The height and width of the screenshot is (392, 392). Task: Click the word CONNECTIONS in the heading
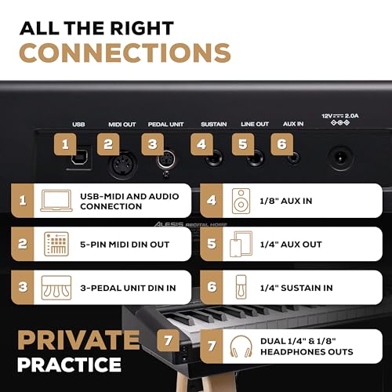pyautogui.click(x=125, y=53)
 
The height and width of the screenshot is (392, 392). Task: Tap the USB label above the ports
pyautogui.click(x=78, y=124)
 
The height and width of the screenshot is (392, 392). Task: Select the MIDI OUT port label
pyautogui.click(x=122, y=125)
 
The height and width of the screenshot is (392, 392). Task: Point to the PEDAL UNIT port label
pyautogui.click(x=166, y=125)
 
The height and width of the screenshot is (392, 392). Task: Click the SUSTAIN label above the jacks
pyautogui.click(x=214, y=124)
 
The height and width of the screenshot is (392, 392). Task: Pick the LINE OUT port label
pyautogui.click(x=255, y=124)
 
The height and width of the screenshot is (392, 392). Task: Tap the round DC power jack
pyautogui.click(x=340, y=158)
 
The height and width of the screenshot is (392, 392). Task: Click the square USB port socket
pyautogui.click(x=79, y=158)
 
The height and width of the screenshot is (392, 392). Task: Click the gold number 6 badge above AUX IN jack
pyautogui.click(x=281, y=144)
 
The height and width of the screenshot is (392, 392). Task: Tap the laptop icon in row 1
pyautogui.click(x=56, y=201)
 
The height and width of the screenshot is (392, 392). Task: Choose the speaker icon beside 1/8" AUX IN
pyautogui.click(x=241, y=201)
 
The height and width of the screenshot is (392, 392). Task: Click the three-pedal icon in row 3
pyautogui.click(x=56, y=288)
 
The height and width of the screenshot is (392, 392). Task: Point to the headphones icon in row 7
pyautogui.click(x=241, y=347)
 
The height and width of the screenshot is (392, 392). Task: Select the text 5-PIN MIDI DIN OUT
pyautogui.click(x=125, y=245)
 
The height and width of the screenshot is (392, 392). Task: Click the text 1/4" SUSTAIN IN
pyautogui.click(x=296, y=288)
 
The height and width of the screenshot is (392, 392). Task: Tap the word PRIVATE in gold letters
pyautogui.click(x=78, y=340)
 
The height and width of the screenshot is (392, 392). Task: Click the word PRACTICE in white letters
pyautogui.click(x=69, y=365)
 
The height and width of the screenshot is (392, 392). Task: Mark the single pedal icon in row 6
pyautogui.click(x=241, y=287)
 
